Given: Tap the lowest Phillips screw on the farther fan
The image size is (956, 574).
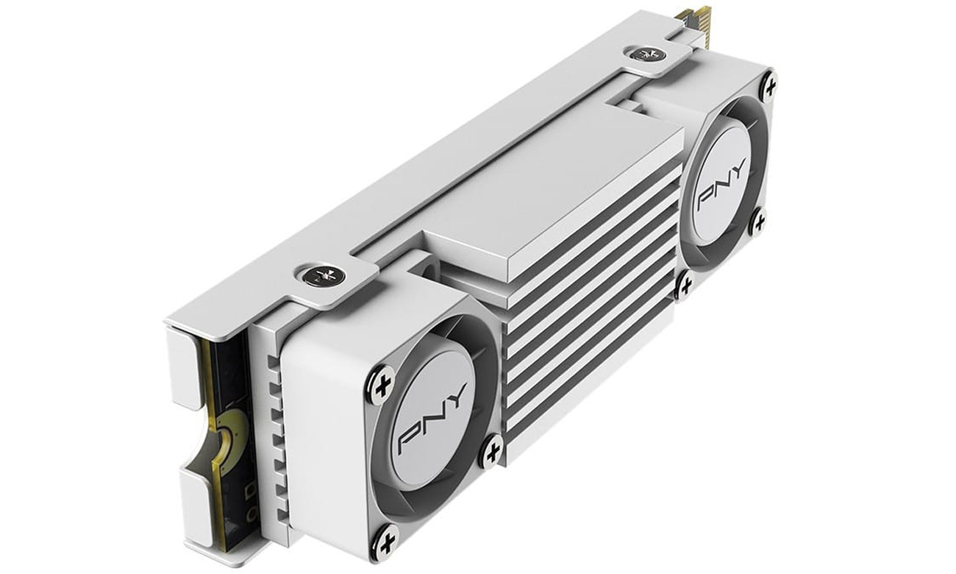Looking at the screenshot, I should [685, 286].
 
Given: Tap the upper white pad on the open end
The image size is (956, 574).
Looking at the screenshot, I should [185, 366].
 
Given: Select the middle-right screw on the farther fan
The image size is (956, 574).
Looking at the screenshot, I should [758, 222].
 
